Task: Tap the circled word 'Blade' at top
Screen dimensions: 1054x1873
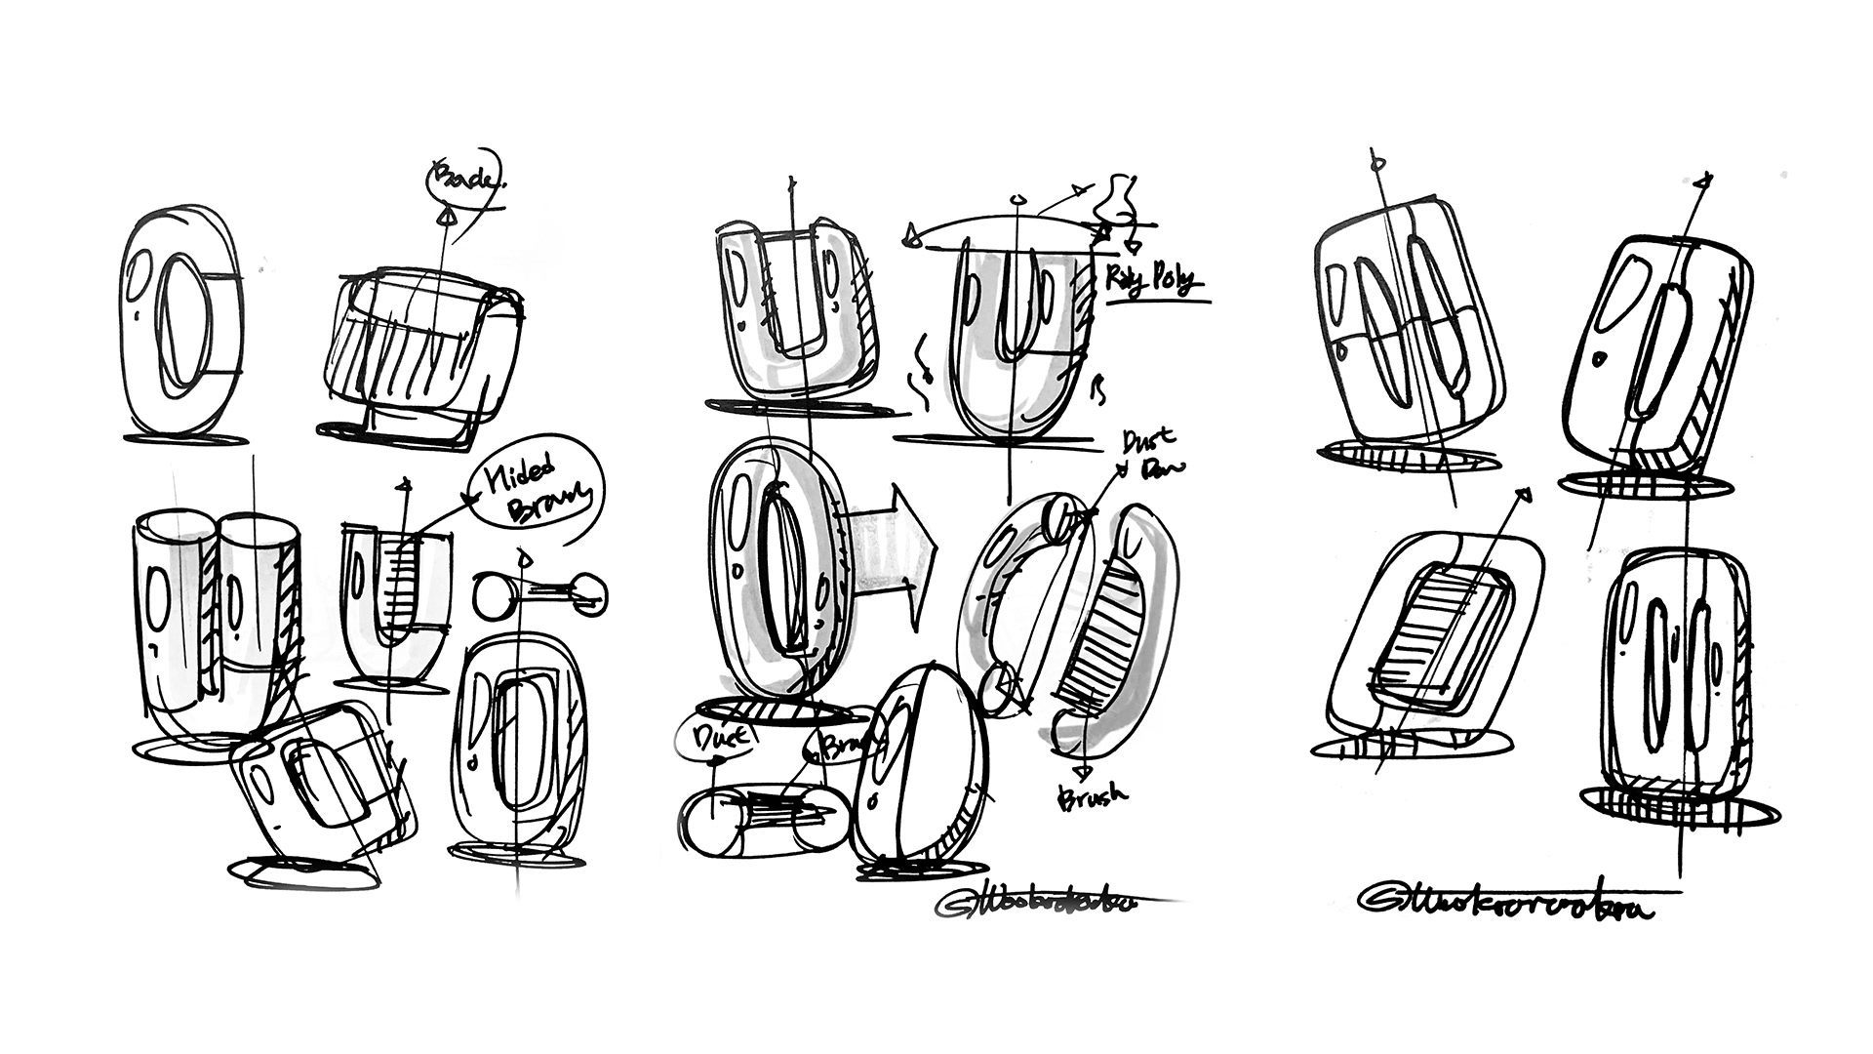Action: coord(462,178)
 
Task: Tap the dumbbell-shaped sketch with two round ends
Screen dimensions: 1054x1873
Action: coord(539,592)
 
